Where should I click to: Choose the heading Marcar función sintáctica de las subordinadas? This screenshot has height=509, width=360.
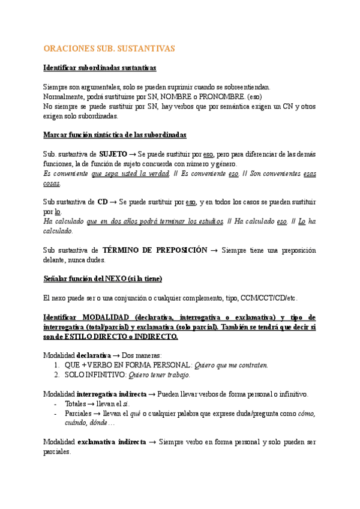click(x=115, y=135)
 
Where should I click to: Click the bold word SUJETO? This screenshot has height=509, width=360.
click(x=113, y=154)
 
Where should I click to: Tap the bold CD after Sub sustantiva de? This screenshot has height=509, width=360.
click(x=102, y=202)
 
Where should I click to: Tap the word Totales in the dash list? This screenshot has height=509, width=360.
click(x=75, y=404)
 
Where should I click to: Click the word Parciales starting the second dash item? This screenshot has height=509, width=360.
click(x=79, y=414)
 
